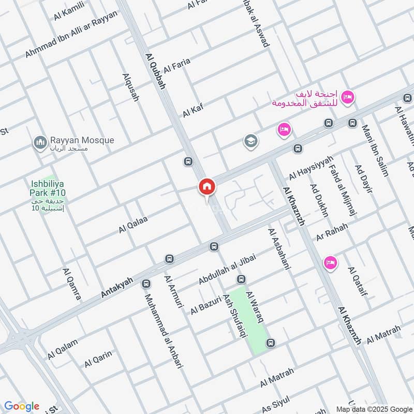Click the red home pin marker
tap(206, 187)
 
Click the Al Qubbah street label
tap(155, 71)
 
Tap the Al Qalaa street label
tap(133, 224)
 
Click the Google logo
tap(21, 406)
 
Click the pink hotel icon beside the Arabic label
tap(348, 96)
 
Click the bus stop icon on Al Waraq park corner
tap(270, 343)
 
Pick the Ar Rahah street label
tap(333, 228)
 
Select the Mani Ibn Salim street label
tap(375, 151)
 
